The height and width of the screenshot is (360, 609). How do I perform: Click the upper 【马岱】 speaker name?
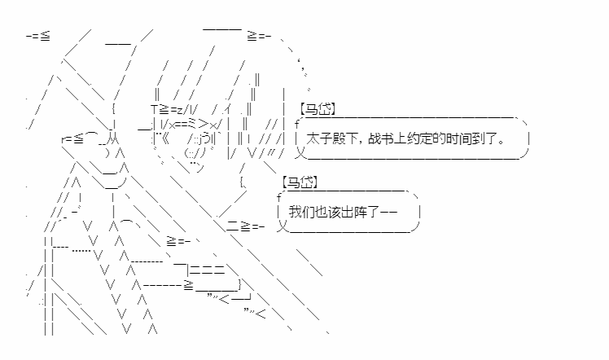[x=317, y=109]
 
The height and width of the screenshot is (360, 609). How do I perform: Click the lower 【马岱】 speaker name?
[x=300, y=182]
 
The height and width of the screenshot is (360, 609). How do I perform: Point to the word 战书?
[x=381, y=138]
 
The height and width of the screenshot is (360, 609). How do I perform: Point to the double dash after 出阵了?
[x=388, y=212]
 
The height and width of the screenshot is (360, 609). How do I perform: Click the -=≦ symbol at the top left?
[x=38, y=37]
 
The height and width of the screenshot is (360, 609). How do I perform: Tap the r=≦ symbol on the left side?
[x=72, y=138]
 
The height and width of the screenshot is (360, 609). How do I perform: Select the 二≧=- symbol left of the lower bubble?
[x=245, y=226]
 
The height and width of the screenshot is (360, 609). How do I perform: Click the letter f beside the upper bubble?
[x=297, y=125]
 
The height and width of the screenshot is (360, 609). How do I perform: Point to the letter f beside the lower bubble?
[x=279, y=198]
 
